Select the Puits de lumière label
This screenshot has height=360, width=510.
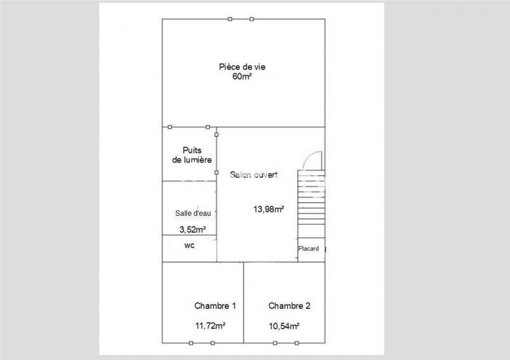click(x=191, y=155)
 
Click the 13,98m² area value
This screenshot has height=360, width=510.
click(x=269, y=208)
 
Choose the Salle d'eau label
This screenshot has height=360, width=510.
click(x=193, y=213)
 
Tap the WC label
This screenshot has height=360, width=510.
click(x=189, y=245)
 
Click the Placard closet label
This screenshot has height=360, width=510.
click(x=309, y=248)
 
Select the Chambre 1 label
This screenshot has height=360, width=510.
click(x=215, y=306)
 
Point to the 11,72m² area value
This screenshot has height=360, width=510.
click(x=211, y=326)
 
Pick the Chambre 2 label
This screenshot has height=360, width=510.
click(x=289, y=306)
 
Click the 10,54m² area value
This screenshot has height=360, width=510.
click(x=284, y=326)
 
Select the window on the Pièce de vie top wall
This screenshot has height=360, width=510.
click(x=241, y=19)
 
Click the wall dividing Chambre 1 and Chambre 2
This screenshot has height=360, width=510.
click(x=244, y=303)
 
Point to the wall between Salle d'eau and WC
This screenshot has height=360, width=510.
click(x=189, y=236)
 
